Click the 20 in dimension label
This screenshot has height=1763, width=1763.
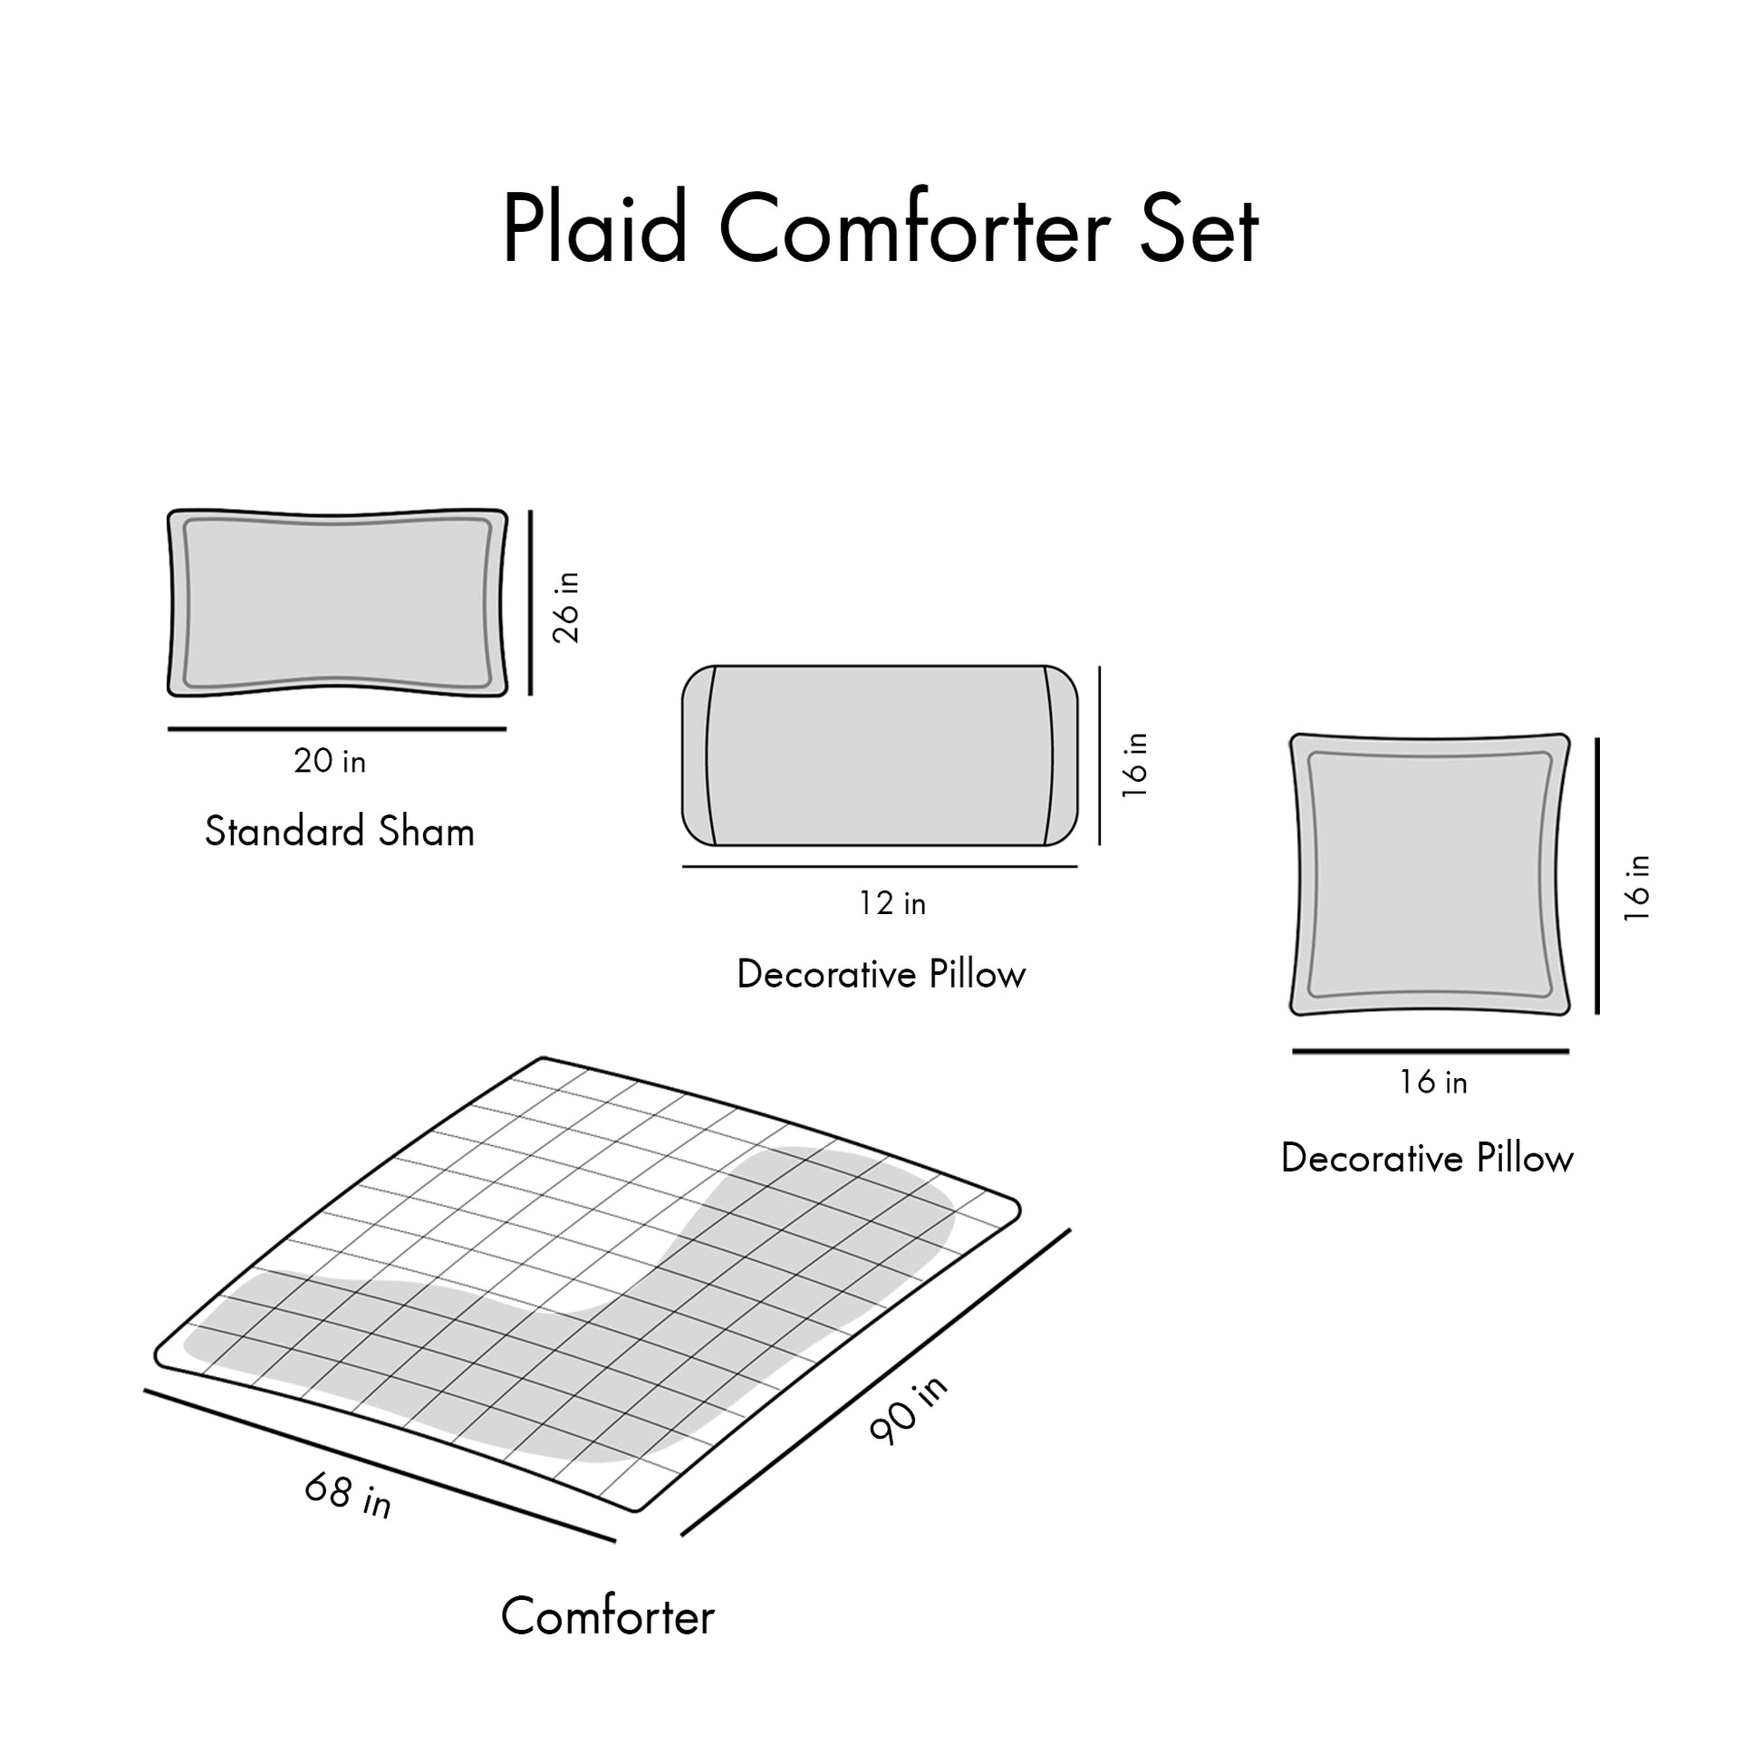click(x=330, y=761)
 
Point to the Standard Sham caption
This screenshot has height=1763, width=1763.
click(x=340, y=832)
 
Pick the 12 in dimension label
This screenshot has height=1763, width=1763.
click(x=891, y=903)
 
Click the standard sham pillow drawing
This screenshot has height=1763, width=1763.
click(x=337, y=603)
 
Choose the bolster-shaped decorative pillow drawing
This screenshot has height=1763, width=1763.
click(x=880, y=756)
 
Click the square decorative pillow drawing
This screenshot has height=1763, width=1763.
click(x=1429, y=874)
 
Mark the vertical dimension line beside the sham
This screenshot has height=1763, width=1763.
click(x=530, y=603)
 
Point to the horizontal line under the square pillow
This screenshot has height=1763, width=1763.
click(x=1430, y=1052)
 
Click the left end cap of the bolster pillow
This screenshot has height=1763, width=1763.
click(x=698, y=756)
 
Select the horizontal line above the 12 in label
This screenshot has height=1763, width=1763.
click(x=880, y=867)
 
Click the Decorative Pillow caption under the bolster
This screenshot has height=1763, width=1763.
click(x=881, y=975)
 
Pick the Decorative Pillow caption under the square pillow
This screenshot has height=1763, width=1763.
click(x=1427, y=1159)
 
